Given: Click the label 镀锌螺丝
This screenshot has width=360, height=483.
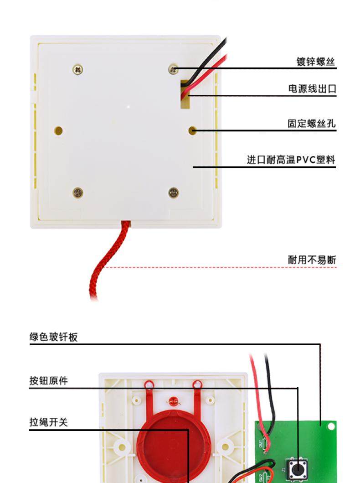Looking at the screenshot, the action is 315,62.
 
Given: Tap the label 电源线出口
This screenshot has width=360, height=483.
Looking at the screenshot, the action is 312,89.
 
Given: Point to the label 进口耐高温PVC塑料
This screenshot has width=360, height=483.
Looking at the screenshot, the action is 291,160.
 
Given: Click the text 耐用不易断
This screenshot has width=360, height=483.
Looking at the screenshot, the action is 312,260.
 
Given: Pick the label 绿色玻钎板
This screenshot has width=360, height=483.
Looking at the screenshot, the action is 54,338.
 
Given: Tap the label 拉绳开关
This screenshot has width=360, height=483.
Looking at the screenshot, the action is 49,423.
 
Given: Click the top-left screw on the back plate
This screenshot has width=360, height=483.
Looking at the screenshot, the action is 78,69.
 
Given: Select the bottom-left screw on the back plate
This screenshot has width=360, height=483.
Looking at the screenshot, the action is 78,192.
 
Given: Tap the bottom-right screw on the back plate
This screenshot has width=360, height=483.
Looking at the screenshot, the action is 173,192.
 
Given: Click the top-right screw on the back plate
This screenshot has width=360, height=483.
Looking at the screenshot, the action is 173,69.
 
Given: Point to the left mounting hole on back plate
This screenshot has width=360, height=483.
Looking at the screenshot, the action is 58,131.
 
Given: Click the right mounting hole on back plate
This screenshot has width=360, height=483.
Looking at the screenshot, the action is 193,131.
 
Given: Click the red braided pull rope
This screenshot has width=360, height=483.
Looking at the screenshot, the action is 106,260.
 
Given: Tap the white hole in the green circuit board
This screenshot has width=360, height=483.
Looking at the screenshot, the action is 331,427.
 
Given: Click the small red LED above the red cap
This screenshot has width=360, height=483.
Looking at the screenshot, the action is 173,402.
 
